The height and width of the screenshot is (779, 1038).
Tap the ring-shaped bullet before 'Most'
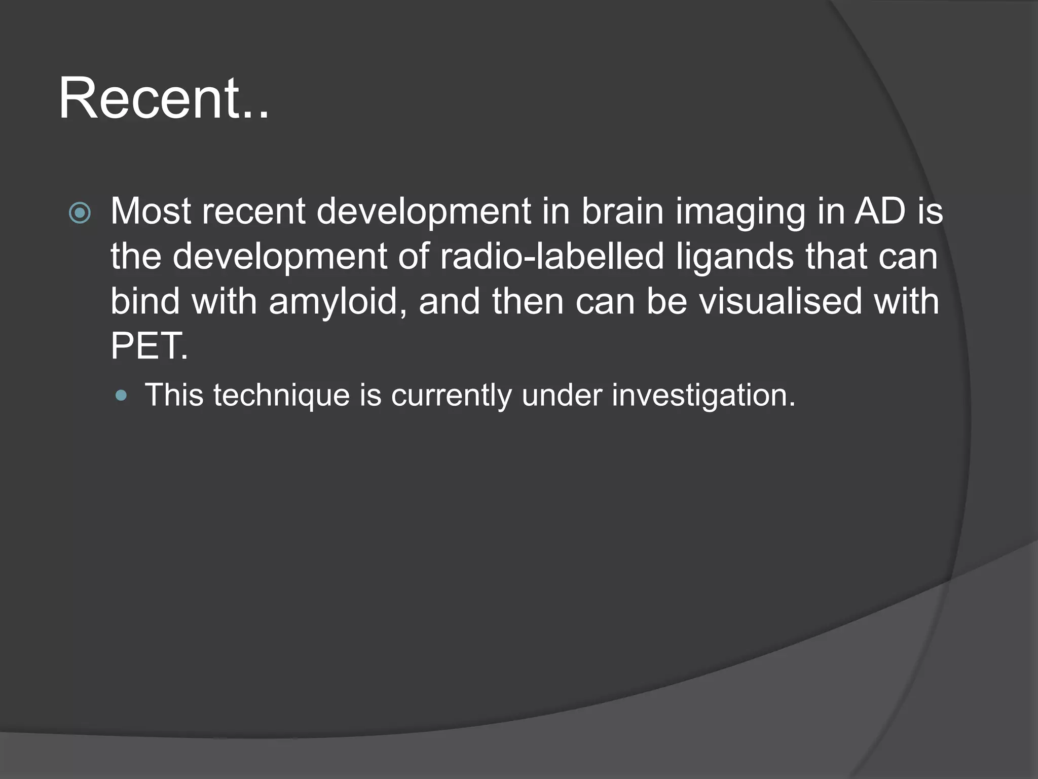80,213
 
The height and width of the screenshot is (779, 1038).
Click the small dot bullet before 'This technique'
121,395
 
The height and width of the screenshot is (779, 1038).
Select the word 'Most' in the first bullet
151,210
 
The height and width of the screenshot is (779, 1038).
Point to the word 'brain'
622,210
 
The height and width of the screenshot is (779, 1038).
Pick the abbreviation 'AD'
880,210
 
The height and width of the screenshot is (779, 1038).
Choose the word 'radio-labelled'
552,256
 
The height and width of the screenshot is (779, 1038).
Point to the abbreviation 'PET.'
149,346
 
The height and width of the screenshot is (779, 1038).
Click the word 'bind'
145,301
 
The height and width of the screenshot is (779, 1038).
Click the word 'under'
562,395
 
